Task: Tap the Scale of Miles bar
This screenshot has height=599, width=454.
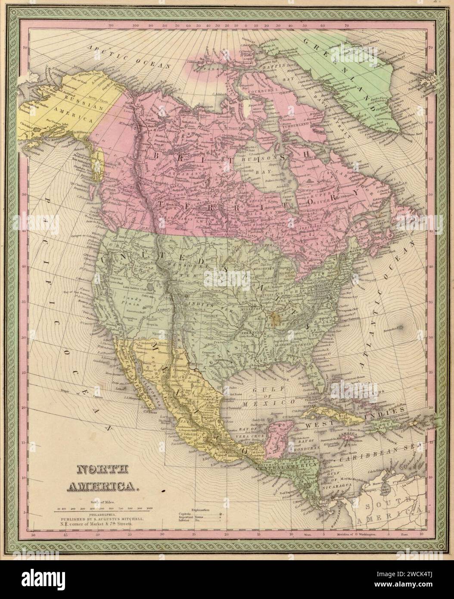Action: click(103, 512)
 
